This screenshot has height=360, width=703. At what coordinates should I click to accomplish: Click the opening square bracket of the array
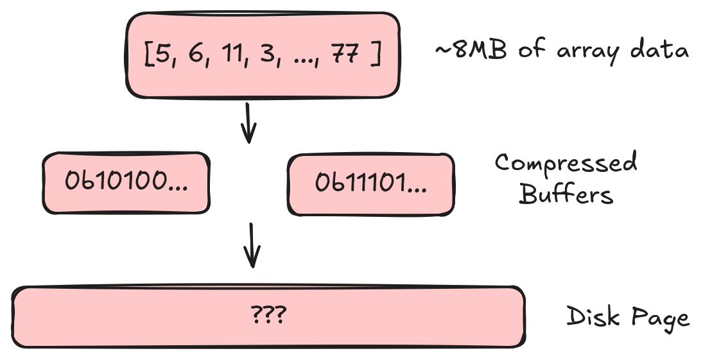(148, 56)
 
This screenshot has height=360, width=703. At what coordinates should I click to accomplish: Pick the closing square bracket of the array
(376, 56)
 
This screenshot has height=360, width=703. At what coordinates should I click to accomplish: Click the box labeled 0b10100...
(126, 183)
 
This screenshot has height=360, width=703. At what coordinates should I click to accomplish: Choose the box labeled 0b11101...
(370, 184)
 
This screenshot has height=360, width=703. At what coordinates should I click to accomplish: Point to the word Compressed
(566, 164)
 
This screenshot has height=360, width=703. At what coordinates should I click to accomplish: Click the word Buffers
(566, 193)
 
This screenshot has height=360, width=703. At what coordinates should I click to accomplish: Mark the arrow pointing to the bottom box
(253, 246)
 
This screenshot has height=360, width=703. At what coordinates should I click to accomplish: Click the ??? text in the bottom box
(268, 316)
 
